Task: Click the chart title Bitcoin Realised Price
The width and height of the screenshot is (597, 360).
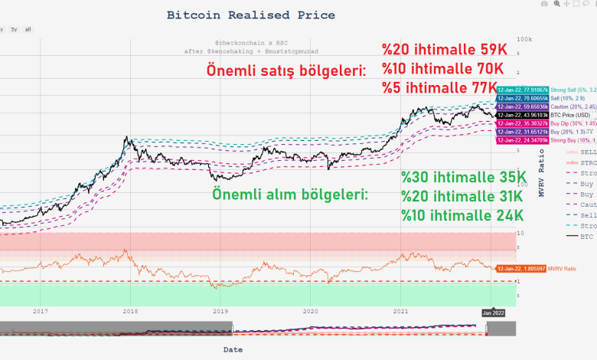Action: tap(250, 15)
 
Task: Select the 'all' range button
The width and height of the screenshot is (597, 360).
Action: tap(28, 29)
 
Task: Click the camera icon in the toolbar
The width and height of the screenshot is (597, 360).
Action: tap(543, 4)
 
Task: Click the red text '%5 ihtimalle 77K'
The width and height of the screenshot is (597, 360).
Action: tap(443, 87)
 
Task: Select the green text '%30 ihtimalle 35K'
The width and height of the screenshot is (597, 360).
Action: tap(463, 178)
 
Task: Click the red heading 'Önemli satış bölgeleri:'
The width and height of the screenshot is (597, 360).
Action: tap(286, 70)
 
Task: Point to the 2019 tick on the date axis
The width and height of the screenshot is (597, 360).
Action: tap(220, 311)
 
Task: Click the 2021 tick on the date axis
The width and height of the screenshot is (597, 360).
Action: tap(400, 311)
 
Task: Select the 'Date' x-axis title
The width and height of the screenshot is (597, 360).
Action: tap(233, 349)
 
